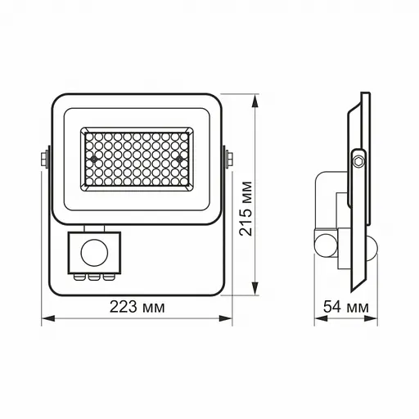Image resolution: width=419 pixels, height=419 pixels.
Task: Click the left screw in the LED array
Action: tap(96, 154)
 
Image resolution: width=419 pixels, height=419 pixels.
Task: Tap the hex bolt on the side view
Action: tap(358, 160)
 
